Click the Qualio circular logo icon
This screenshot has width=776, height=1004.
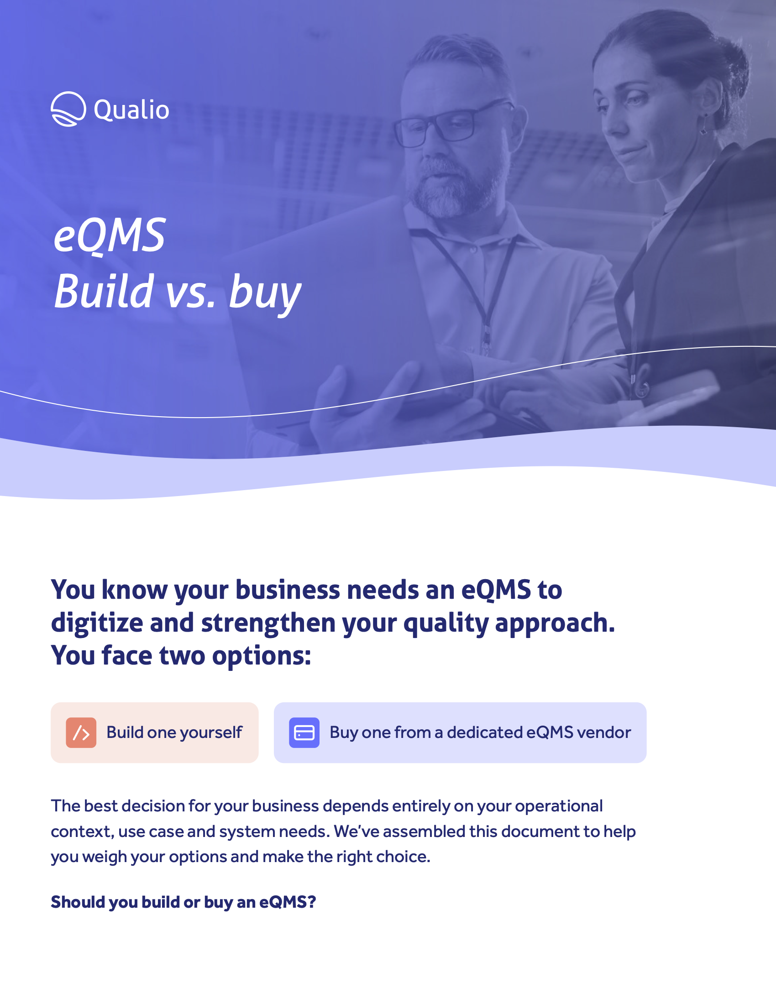tap(68, 109)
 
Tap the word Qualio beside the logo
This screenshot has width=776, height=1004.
tap(131, 110)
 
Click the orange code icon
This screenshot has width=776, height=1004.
tap(81, 732)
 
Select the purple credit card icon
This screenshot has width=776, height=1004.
tap(304, 732)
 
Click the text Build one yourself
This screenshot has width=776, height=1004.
tap(174, 732)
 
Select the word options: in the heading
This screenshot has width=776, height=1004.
tap(262, 656)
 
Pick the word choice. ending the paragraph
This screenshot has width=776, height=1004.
tap(403, 857)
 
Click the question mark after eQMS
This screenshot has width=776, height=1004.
tap(312, 902)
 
